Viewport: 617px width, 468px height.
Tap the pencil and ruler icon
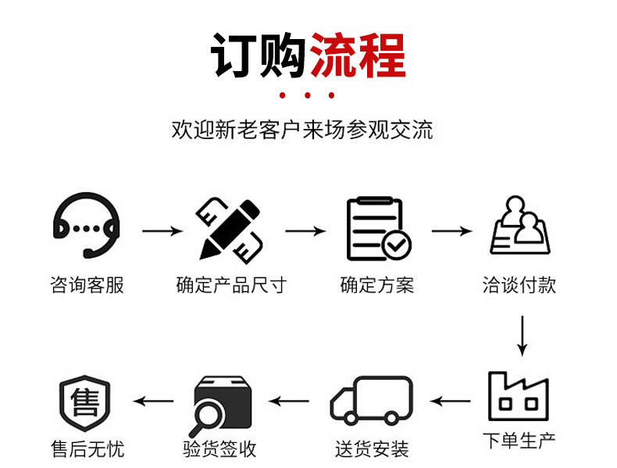(x=230, y=229)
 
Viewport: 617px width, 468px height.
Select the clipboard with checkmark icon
(x=378, y=229)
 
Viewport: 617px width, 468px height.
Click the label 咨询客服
(x=87, y=285)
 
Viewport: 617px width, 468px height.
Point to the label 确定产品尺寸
(x=231, y=285)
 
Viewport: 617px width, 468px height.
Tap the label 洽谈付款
(x=519, y=285)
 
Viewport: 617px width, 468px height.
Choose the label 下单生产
(x=519, y=440)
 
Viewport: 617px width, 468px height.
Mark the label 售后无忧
(x=87, y=449)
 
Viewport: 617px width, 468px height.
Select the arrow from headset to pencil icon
(x=162, y=231)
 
